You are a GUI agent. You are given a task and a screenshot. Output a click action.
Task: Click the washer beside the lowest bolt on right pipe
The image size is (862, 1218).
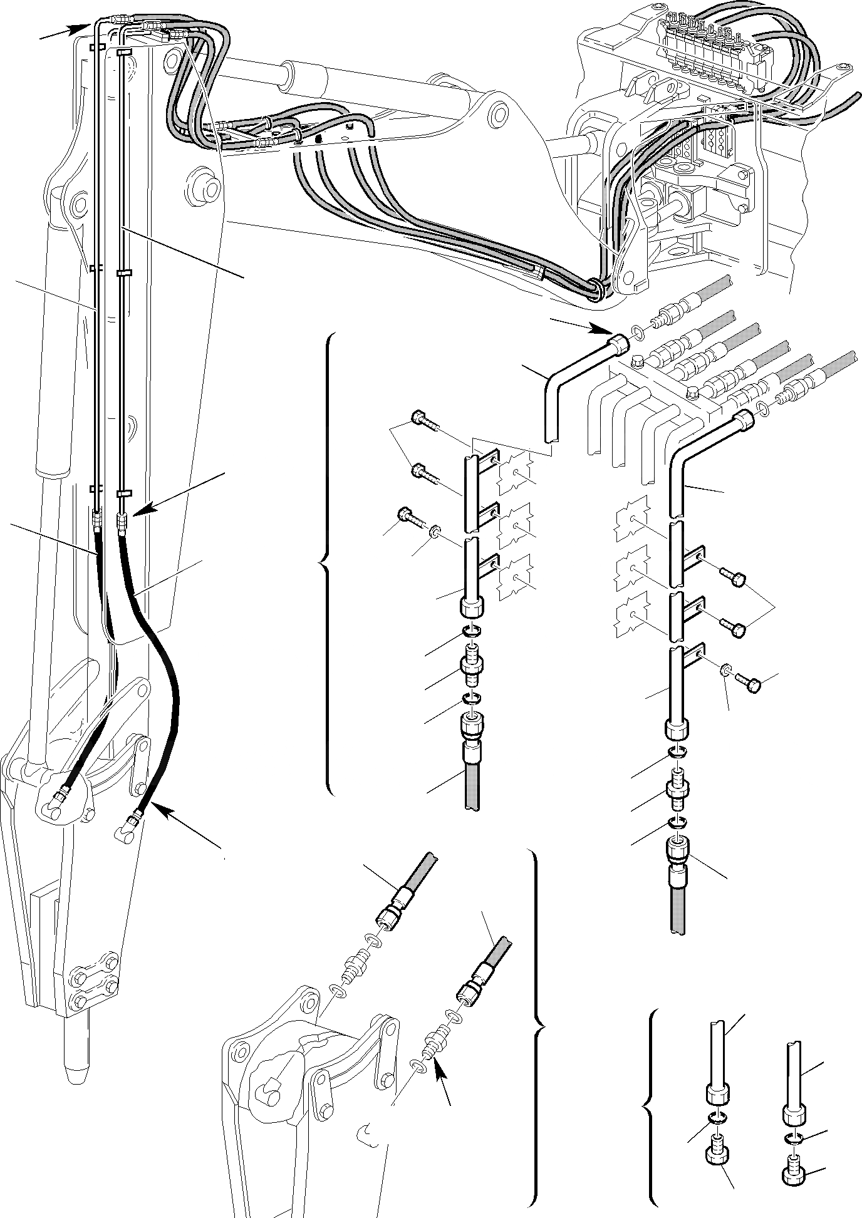tap(725, 672)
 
